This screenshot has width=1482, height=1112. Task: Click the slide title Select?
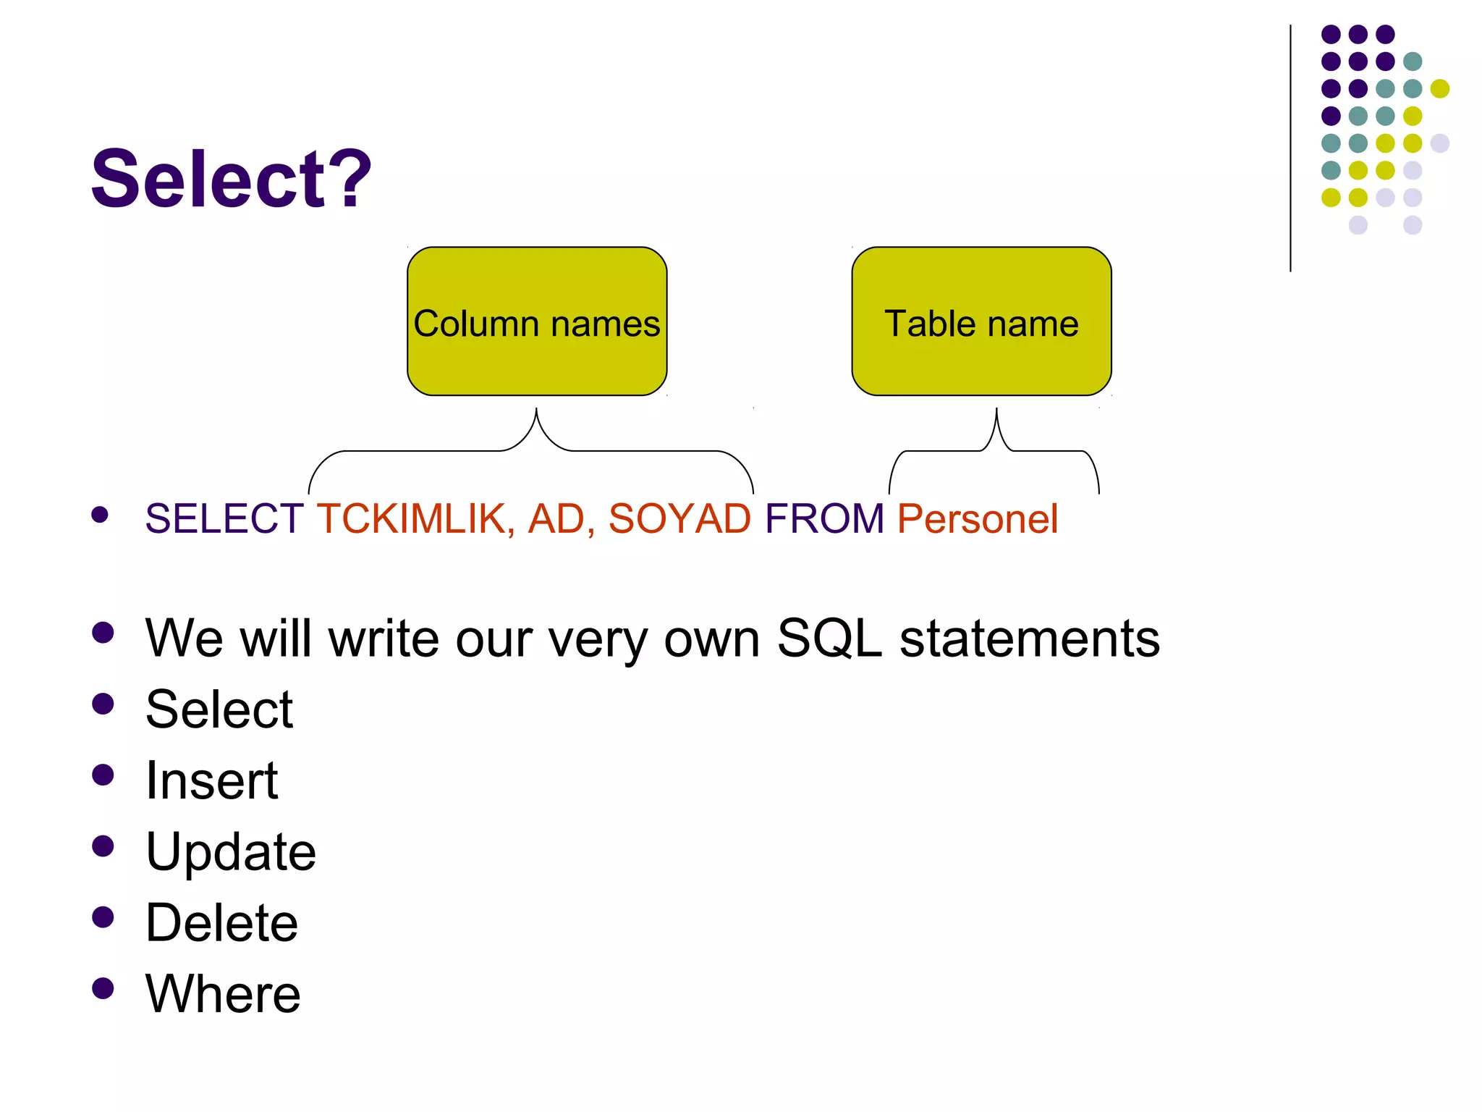click(x=230, y=179)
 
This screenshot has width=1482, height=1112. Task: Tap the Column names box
click(x=536, y=321)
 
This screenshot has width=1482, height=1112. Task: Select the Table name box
click(x=981, y=321)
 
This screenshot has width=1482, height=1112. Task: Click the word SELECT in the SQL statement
click(x=224, y=519)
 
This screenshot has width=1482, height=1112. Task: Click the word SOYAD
click(x=679, y=519)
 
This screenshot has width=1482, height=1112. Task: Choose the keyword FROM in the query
click(x=824, y=519)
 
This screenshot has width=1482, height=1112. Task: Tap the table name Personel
click(x=977, y=519)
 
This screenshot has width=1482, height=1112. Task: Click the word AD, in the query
click(x=561, y=519)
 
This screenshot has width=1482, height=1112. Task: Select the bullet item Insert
click(x=211, y=780)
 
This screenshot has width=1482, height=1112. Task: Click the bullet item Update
click(x=230, y=851)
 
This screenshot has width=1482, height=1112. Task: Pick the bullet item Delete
click(x=221, y=923)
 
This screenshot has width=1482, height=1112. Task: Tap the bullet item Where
click(x=223, y=994)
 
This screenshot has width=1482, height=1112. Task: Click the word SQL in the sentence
click(x=829, y=639)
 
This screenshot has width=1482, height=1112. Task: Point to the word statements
click(x=1029, y=639)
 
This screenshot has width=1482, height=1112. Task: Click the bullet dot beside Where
click(x=103, y=988)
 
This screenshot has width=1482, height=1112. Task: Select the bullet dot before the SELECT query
click(x=100, y=515)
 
